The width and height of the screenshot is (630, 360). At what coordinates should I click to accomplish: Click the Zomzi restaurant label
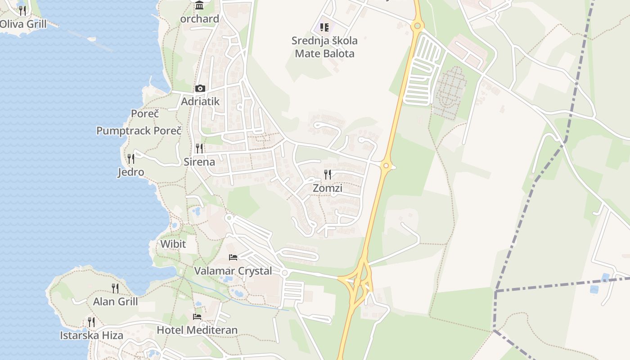click(x=327, y=188)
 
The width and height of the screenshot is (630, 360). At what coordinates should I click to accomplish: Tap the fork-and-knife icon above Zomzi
click(x=328, y=174)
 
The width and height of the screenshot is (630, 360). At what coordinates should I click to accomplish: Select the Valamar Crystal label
click(x=233, y=271)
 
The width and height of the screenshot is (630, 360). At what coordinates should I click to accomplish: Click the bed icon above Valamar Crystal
click(x=233, y=257)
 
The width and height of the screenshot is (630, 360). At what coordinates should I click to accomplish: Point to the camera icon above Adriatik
click(x=200, y=88)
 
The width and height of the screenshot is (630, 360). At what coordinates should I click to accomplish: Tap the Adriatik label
click(x=200, y=101)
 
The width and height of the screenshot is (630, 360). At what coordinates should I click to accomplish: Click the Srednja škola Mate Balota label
click(x=324, y=47)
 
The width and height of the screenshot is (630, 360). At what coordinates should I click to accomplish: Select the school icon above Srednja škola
click(x=324, y=27)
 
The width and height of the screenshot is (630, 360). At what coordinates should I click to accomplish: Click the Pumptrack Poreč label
click(x=139, y=130)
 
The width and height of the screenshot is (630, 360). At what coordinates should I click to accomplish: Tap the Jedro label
click(x=131, y=172)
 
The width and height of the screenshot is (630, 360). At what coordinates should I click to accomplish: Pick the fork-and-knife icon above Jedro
click(x=131, y=158)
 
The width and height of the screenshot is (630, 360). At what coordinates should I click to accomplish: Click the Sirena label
click(x=199, y=162)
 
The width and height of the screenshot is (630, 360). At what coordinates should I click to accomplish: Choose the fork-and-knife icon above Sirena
click(x=199, y=148)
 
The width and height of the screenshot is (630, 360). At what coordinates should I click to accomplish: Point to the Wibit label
click(x=173, y=244)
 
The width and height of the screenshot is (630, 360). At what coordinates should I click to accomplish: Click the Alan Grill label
click(x=115, y=301)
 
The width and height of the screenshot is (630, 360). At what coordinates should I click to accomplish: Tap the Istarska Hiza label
click(x=91, y=335)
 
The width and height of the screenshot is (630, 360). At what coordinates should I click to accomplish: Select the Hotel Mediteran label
click(x=197, y=330)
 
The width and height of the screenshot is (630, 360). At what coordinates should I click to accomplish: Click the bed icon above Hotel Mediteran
click(x=197, y=316)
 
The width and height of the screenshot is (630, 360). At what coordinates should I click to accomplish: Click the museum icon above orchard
click(x=199, y=5)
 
